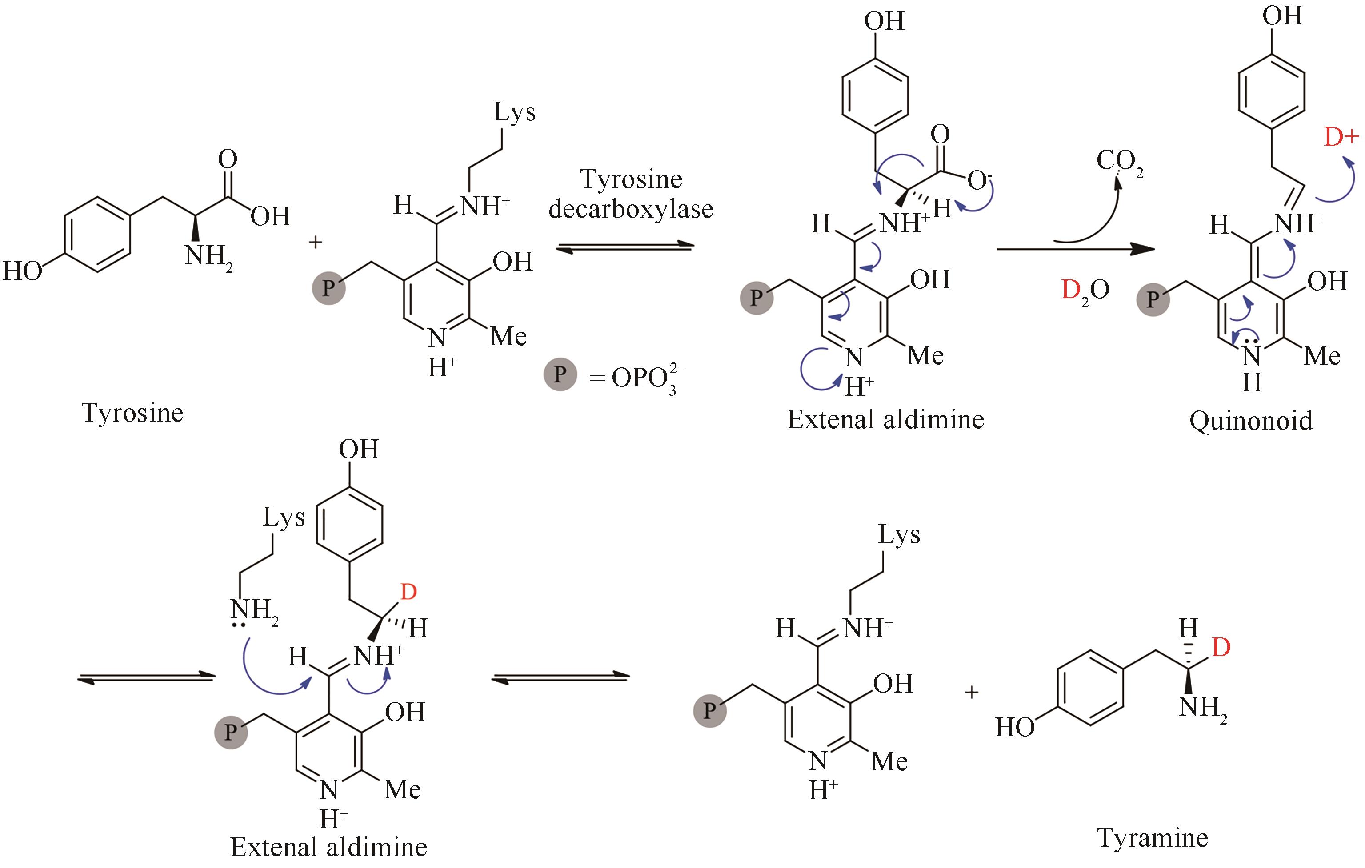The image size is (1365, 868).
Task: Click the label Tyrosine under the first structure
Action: tap(132, 413)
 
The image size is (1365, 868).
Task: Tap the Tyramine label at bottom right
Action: tap(1153, 837)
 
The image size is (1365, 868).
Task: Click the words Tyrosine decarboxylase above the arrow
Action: tap(631, 194)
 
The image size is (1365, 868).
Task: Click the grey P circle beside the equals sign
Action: tap(560, 374)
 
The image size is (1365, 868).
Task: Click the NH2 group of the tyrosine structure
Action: tap(208, 257)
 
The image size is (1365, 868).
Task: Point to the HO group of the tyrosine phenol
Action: tap(23, 271)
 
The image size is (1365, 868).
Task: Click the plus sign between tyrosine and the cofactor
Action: tap(315, 242)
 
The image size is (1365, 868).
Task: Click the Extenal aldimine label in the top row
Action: tap(885, 419)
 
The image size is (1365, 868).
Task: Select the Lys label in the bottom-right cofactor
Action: tap(899, 534)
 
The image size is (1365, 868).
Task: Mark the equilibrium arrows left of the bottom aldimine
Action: tap(146, 677)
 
